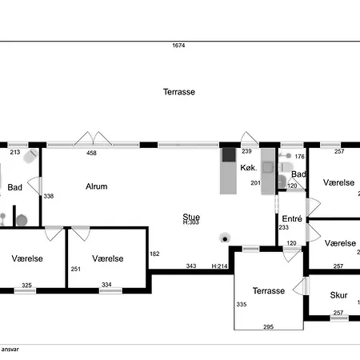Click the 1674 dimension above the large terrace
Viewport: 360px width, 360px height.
[178, 46]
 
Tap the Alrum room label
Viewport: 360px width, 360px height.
[97, 186]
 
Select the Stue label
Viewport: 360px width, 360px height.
[191, 217]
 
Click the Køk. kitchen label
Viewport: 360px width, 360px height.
[249, 167]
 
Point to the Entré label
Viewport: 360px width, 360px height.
[292, 218]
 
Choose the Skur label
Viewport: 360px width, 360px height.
[338, 295]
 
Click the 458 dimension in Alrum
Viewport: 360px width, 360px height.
[91, 153]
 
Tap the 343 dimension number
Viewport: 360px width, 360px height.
[191, 266]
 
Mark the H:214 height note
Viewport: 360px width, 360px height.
[219, 266]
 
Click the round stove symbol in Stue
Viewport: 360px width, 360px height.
[225, 238]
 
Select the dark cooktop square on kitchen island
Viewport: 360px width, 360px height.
[229, 155]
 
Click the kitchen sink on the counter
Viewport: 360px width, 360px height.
[268, 167]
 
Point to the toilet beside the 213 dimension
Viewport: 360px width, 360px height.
[31, 156]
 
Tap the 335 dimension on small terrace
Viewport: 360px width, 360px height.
[242, 304]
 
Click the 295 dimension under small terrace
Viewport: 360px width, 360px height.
[269, 326]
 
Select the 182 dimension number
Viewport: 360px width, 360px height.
[154, 254]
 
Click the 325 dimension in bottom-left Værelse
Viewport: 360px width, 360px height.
[26, 285]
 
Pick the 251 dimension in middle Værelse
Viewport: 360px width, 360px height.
[76, 269]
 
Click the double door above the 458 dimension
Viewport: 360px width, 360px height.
[93, 138]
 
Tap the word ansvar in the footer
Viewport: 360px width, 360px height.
[10, 350]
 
